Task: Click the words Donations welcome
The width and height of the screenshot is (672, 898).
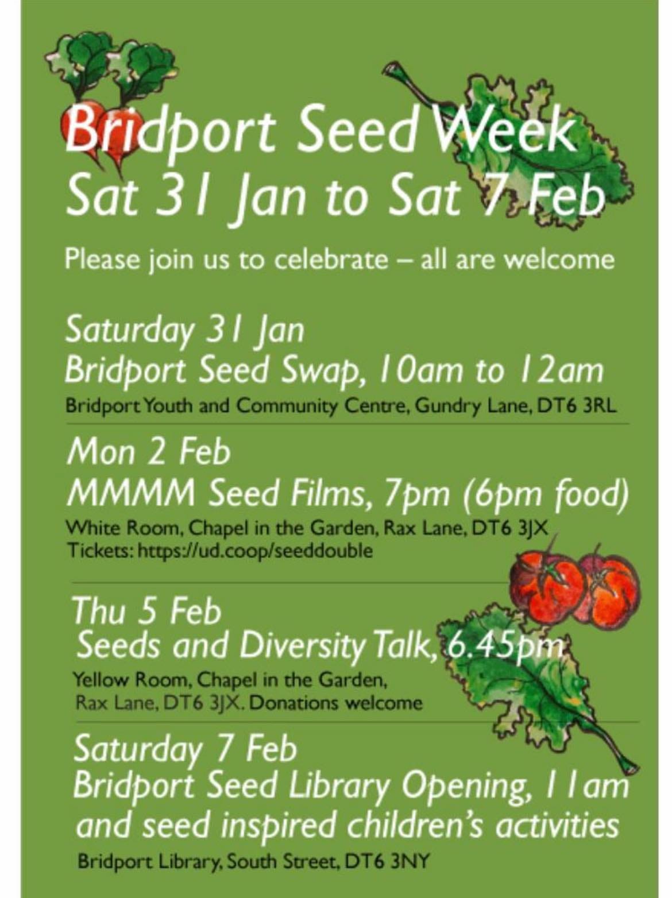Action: [x=336, y=703]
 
